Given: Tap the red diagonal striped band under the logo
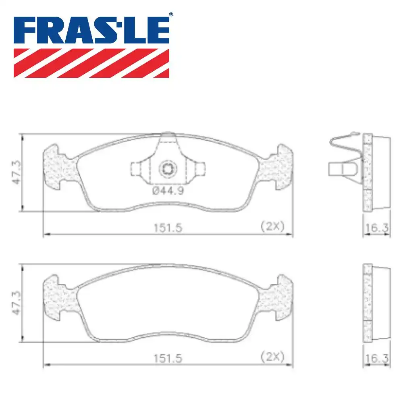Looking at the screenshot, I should pos(91,63).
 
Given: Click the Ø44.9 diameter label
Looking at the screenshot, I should pos(168,191).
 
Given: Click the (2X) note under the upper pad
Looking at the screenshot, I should pos(272,226).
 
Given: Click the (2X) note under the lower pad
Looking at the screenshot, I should pos(272,357).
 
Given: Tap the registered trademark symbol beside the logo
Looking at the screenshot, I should pos(171,15).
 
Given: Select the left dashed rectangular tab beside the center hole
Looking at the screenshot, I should pos(137,168).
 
